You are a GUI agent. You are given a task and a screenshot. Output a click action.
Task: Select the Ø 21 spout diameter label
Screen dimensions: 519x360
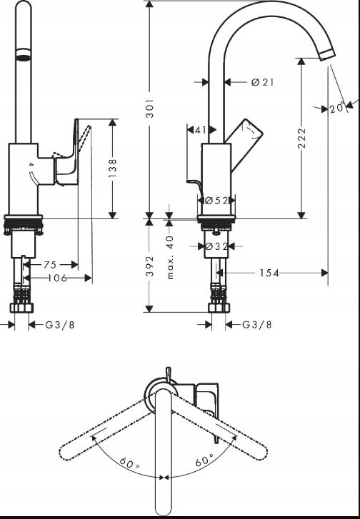[262, 83]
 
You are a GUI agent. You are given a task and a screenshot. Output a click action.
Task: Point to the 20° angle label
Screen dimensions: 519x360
[338, 109]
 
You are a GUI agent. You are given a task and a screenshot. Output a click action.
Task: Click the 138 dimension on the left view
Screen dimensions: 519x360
[113, 168]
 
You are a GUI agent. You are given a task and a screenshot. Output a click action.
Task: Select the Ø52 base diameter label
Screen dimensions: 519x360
[216, 201]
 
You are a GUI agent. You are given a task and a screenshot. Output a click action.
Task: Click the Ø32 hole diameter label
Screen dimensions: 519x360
[216, 246]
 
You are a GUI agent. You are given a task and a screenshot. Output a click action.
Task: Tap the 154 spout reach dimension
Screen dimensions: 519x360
[269, 273]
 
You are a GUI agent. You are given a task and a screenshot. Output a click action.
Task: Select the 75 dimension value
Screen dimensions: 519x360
[50, 263]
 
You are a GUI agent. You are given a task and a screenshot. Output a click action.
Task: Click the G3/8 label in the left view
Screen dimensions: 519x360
[59, 325]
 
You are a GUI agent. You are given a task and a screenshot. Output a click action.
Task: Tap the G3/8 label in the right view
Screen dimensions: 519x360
[256, 325]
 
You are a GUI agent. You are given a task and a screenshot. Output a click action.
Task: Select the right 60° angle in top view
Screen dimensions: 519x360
[204, 461]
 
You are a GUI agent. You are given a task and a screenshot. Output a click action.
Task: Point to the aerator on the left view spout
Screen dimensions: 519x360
[24, 56]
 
